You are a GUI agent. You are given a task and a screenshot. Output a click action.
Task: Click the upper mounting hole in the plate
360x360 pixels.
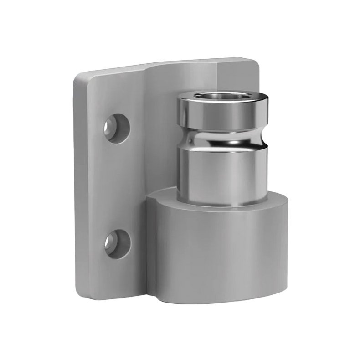(116, 128)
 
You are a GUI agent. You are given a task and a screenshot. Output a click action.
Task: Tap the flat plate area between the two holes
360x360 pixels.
(116, 185)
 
